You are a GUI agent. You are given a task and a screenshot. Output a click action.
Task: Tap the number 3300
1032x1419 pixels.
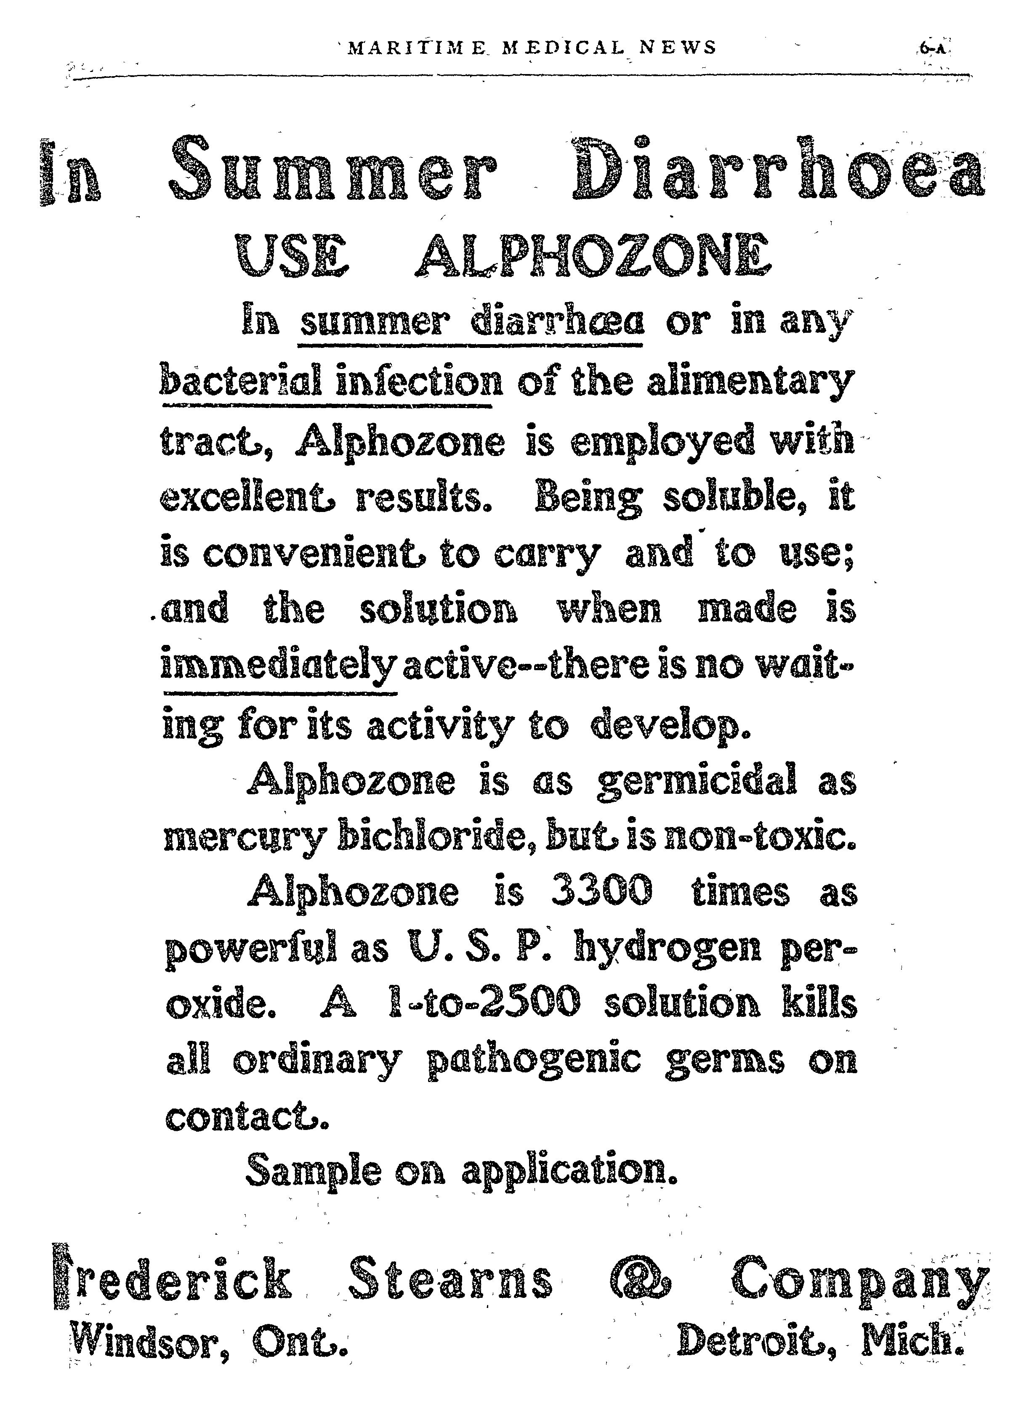click(x=601, y=891)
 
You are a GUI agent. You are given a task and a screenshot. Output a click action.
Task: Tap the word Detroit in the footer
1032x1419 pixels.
click(x=757, y=1341)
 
